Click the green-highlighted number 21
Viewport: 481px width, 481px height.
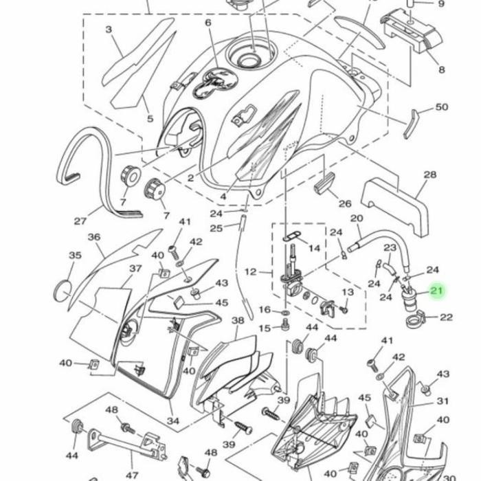436,290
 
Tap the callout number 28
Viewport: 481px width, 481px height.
429,175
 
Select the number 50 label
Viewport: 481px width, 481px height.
442,107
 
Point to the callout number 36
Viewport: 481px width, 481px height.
94,237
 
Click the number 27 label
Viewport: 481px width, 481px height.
80,221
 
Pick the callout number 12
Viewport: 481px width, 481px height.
251,272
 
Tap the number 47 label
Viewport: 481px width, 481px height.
132,476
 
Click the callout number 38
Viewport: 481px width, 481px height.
238,321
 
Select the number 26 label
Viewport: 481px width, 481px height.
345,203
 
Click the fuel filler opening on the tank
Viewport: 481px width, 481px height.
249,60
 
